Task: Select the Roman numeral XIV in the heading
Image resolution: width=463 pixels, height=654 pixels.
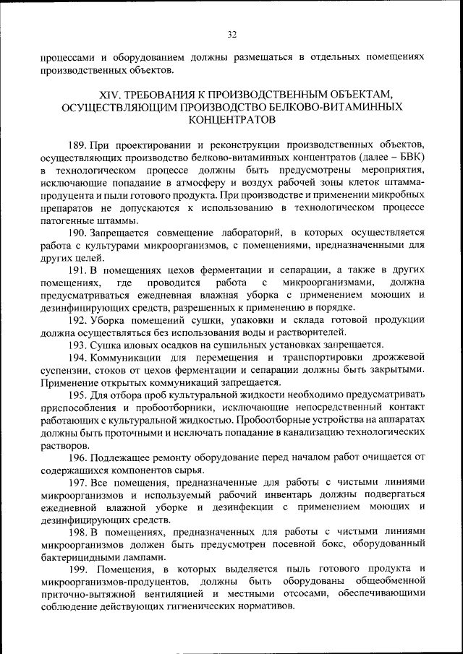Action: (x=108, y=94)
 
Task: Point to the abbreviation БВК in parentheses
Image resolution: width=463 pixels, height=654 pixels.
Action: (x=407, y=155)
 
